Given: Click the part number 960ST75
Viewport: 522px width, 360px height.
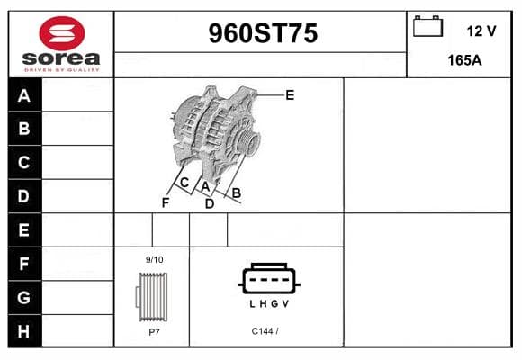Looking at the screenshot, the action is click(x=263, y=33).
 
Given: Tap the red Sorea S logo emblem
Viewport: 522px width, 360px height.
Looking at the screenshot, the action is click(x=62, y=33).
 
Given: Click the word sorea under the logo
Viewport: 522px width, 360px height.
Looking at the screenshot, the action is click(x=61, y=58).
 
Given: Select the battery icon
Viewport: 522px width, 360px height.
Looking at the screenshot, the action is click(x=427, y=26).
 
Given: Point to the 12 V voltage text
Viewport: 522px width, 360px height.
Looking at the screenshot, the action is click(x=481, y=31).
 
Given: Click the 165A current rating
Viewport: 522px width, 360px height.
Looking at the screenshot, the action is click(x=464, y=60).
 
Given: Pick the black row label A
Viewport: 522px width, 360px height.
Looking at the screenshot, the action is click(x=24, y=95).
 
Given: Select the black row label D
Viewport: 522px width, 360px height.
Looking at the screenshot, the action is click(x=24, y=196).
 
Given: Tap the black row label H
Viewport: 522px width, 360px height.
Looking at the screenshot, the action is click(x=24, y=331).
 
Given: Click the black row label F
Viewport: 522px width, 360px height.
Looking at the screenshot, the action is click(x=24, y=264).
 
